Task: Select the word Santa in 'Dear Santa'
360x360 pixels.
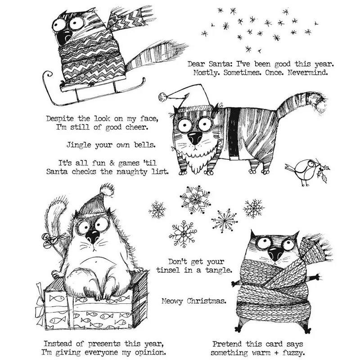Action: point(219,64)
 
